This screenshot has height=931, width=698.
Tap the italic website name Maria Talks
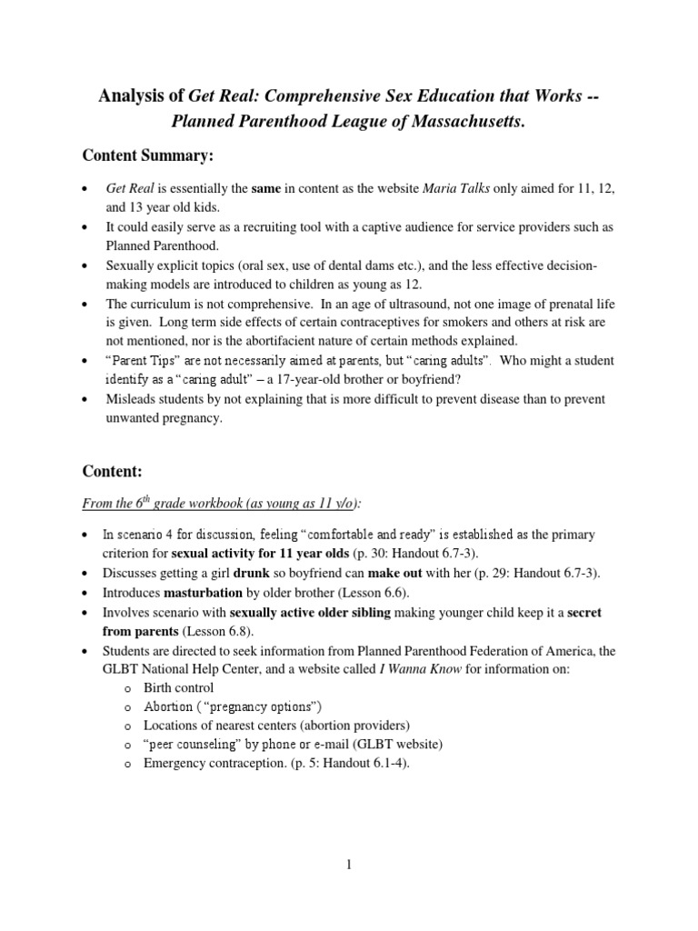pos(459,187)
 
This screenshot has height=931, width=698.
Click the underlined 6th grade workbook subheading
pos(221,503)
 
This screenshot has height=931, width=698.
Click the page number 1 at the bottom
pos(349,865)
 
